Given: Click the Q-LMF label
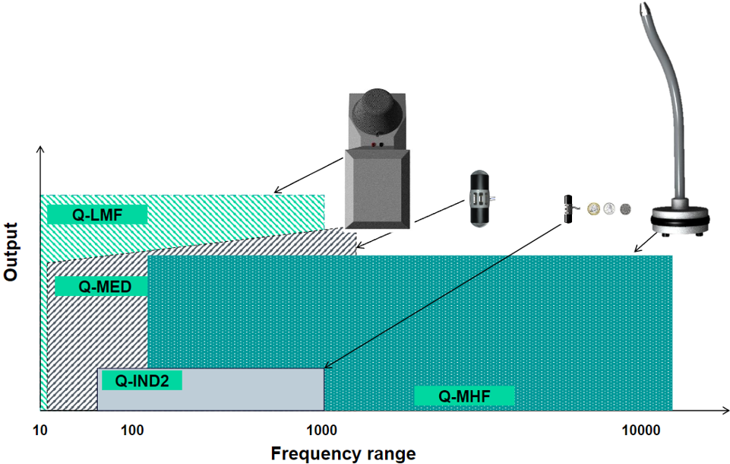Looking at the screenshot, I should tap(96, 214).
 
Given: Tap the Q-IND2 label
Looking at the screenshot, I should tap(141, 380).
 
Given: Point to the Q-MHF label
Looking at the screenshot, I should tap(464, 396).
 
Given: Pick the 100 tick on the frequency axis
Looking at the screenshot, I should tap(133, 431).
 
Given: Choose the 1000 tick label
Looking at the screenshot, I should tap(322, 431).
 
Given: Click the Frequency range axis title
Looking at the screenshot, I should tap(343, 453).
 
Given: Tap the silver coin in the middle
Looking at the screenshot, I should tap(611, 208).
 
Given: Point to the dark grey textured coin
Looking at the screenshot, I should tap(626, 208).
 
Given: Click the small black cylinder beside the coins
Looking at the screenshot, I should tap(566, 209).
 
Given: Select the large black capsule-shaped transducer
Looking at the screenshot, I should tap(479, 199).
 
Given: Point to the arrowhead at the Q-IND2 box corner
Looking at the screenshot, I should tap(327, 367).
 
